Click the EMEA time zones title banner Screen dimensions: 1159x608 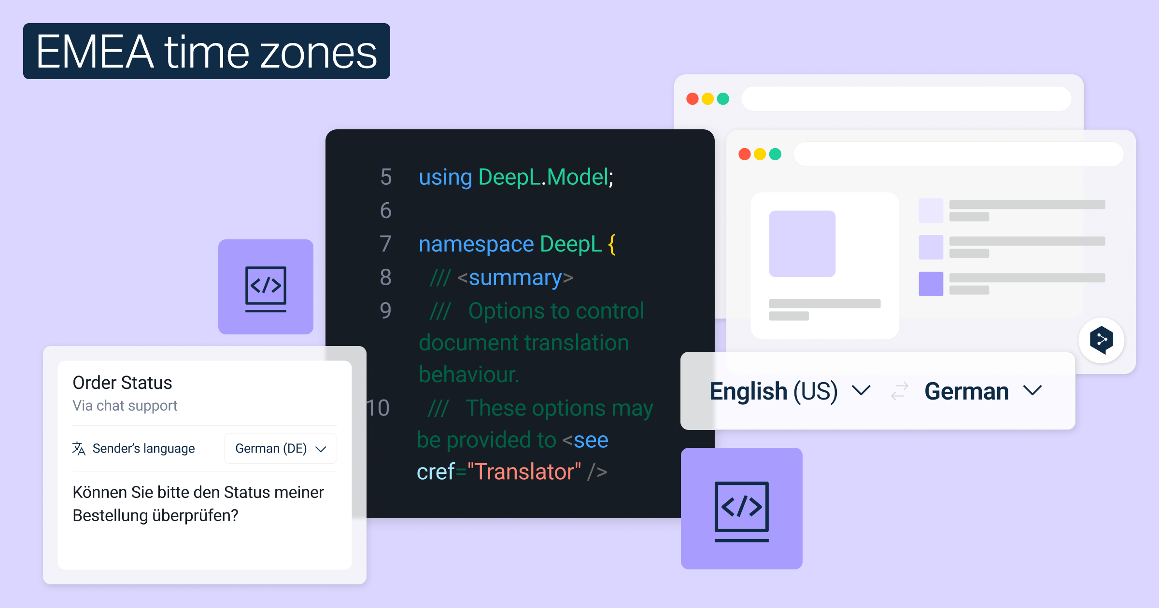pyautogui.click(x=207, y=51)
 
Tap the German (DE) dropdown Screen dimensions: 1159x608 pyautogui.click(x=281, y=448)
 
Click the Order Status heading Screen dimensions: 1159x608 pyautogui.click(x=122, y=383)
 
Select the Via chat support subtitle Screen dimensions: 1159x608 pyautogui.click(x=125, y=406)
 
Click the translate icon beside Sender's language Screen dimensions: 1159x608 pyautogui.click(x=79, y=448)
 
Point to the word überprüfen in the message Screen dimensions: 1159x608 pyautogui.click(x=196, y=515)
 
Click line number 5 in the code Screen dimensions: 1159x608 pyautogui.click(x=386, y=177)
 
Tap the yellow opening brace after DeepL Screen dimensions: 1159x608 pyautogui.click(x=612, y=244)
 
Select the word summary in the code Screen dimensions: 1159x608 pyautogui.click(x=515, y=277)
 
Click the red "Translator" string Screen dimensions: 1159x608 pyautogui.click(x=524, y=471)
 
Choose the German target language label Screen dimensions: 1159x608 pyautogui.click(x=966, y=391)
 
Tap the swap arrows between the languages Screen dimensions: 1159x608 pyautogui.click(x=899, y=391)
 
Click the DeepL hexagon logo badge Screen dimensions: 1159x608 pyautogui.click(x=1102, y=340)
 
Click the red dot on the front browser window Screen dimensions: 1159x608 pyautogui.click(x=745, y=154)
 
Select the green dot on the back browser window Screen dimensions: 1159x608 pyautogui.click(x=723, y=99)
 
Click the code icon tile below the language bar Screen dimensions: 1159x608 pyautogui.click(x=742, y=509)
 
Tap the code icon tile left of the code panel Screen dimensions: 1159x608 pyautogui.click(x=266, y=287)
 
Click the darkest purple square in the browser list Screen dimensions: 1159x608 pyautogui.click(x=931, y=284)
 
